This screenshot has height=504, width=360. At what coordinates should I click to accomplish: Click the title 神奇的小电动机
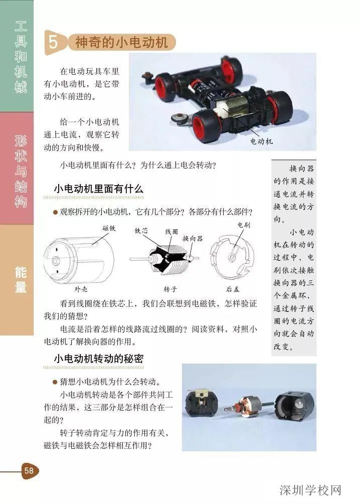tap(121, 43)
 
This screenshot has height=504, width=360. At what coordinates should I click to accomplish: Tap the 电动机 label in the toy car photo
tap(262, 141)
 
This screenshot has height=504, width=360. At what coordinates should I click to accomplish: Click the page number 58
tap(29, 470)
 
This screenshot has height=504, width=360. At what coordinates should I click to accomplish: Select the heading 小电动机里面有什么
tap(98, 189)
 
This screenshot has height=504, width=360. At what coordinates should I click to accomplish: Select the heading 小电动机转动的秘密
tap(98, 359)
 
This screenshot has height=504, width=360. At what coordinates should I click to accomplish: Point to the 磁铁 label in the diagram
tap(109, 228)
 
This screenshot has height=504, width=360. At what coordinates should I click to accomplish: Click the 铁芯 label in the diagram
tap(141, 231)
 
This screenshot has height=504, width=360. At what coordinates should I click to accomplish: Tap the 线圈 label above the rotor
tap(171, 233)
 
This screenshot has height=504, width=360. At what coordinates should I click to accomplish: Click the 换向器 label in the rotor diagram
tap(192, 239)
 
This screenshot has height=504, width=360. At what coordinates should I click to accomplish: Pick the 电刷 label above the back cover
tap(243, 226)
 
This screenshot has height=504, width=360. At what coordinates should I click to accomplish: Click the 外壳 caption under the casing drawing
tap(81, 289)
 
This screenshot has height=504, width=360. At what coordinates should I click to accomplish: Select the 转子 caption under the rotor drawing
tap(170, 289)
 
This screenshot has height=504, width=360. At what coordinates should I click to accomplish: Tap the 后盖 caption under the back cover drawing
tap(232, 289)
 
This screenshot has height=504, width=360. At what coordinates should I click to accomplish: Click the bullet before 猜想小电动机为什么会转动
tap(55, 381)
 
